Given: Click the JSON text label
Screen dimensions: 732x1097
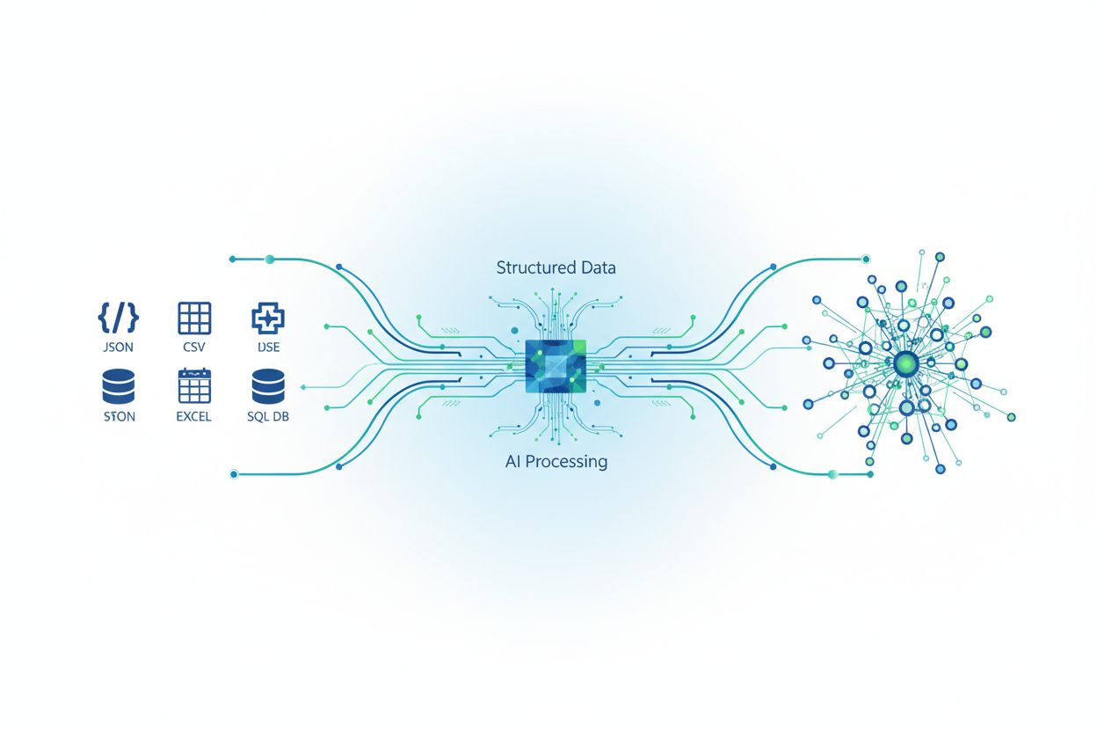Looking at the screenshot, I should [x=118, y=348].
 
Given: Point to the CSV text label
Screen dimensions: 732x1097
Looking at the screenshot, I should [x=194, y=348].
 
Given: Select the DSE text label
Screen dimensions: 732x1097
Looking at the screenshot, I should [x=268, y=348].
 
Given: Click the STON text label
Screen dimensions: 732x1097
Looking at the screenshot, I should [x=119, y=417].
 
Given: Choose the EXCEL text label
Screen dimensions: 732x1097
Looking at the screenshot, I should [x=194, y=417].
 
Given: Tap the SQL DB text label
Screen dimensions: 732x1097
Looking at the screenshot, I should [x=268, y=417].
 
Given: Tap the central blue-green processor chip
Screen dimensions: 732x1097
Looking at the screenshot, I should [x=555, y=366].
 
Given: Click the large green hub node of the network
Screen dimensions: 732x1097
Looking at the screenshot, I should [x=905, y=362].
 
